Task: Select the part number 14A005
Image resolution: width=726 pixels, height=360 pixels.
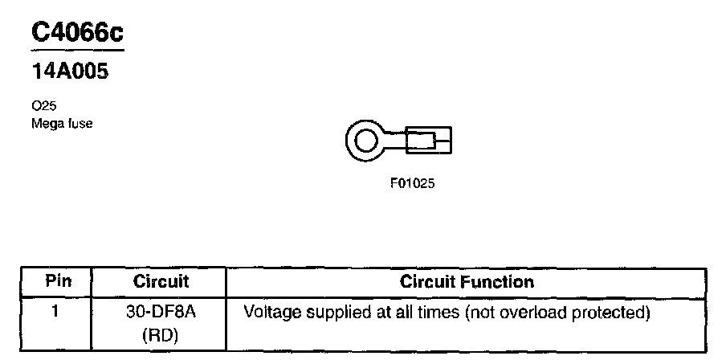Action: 69,71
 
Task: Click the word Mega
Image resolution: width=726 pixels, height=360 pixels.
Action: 47,123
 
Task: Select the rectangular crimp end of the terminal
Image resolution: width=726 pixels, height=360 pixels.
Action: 428,143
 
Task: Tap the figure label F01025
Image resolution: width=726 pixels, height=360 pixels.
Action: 412,183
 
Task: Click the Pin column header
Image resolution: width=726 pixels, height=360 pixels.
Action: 59,281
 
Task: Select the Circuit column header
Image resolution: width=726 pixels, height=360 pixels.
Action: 161,281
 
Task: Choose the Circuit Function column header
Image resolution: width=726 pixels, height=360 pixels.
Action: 467,281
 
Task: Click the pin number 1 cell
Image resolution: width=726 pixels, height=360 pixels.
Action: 55,311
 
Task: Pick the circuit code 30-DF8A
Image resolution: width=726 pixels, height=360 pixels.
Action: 160,312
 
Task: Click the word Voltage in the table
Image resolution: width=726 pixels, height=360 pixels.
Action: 268,312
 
